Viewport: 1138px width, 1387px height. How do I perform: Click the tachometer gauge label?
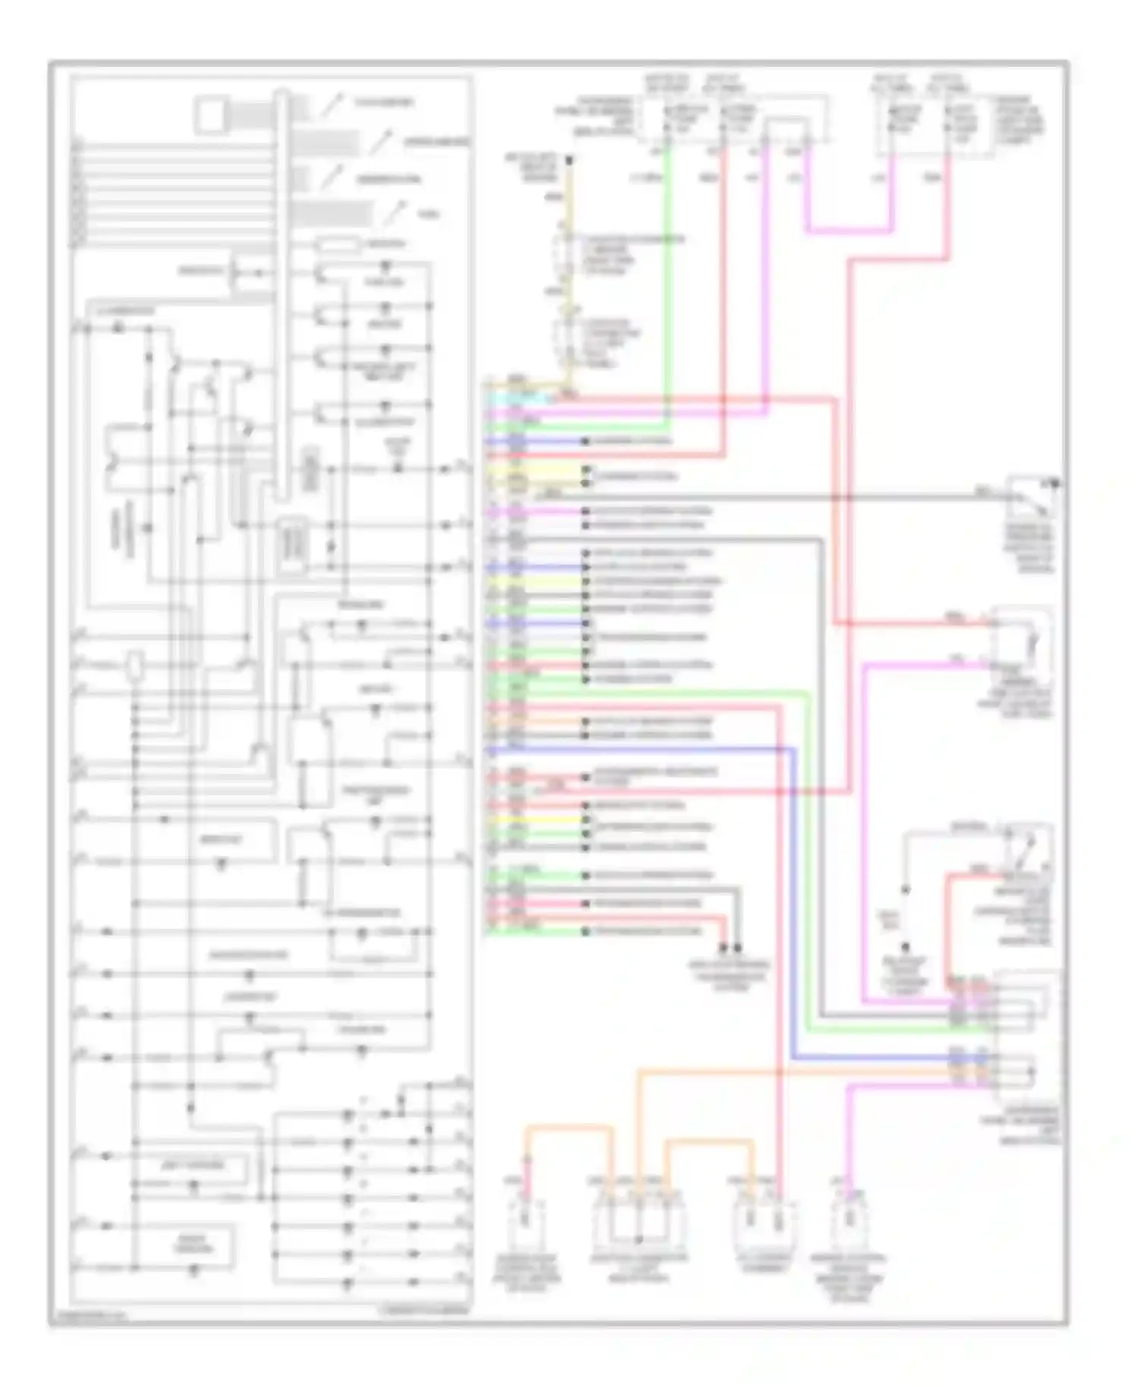pyautogui.click(x=384, y=102)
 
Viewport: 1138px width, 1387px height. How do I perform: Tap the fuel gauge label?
pyautogui.click(x=429, y=215)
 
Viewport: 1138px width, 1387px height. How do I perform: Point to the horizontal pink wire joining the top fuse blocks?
pyautogui.click(x=848, y=229)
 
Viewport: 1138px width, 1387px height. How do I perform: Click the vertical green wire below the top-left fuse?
pyautogui.click(x=667, y=288)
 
